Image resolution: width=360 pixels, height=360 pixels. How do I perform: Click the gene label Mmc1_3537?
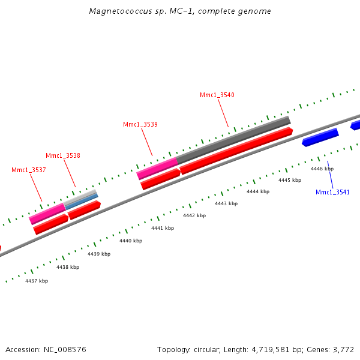pos(29,170)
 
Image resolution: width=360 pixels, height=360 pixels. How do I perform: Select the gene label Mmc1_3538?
pos(63,155)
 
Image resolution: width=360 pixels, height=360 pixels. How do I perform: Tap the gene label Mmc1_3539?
pos(140,124)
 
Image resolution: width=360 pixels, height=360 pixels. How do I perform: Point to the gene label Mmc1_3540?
pos(217,95)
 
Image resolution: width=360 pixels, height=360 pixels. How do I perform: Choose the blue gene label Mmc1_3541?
pos(332,192)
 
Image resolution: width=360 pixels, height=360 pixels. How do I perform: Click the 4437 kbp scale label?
pos(37,281)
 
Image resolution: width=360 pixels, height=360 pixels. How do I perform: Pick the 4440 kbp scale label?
pos(131,241)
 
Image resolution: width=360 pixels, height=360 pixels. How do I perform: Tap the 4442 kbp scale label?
pos(194,215)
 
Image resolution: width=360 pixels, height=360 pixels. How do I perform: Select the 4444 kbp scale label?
pos(258,191)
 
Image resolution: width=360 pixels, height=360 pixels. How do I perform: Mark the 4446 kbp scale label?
pos(322,169)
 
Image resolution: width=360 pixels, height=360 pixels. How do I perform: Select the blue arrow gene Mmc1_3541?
pos(321,137)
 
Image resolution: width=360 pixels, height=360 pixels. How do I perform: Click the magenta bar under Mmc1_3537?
pos(47,214)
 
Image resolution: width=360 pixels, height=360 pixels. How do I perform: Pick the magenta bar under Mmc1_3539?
pos(157,169)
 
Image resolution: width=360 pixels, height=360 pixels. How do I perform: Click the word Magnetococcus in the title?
pos(116,11)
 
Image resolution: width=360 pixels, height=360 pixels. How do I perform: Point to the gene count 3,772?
pos(343,349)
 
